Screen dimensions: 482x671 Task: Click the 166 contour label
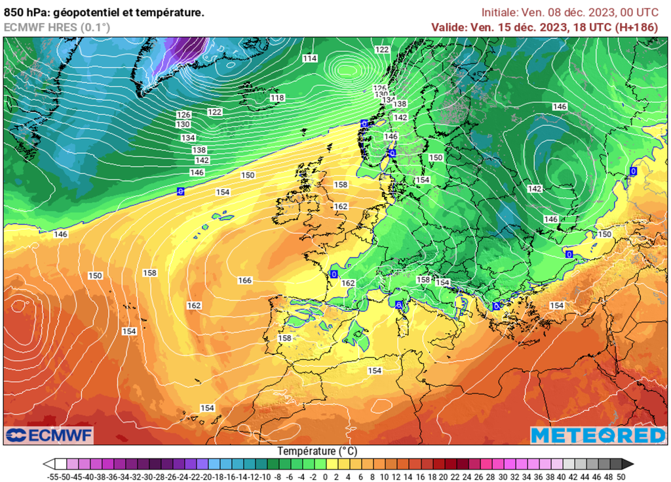click(x=245, y=280)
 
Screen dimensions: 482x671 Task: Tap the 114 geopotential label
click(x=310, y=58)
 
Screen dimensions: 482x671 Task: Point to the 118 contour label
click(x=278, y=98)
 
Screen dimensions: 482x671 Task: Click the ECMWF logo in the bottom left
click(x=50, y=435)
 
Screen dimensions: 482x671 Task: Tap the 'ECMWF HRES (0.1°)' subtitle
click(x=57, y=27)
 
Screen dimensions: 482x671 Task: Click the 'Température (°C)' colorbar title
click(x=317, y=451)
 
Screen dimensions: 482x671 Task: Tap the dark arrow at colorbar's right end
click(x=628, y=464)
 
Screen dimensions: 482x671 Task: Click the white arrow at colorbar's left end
click(x=48, y=464)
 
